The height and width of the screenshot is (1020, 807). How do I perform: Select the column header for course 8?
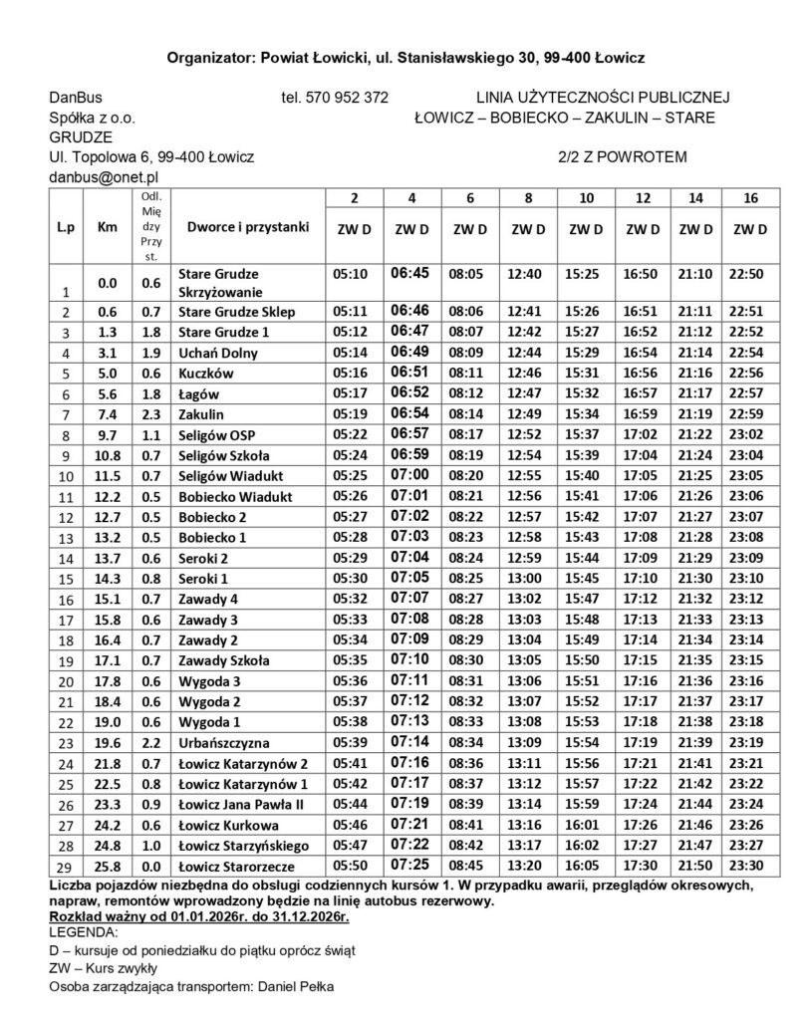click(527, 198)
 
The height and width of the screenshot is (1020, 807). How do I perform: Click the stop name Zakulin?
click(200, 413)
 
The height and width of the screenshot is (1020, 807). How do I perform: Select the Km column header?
click(107, 227)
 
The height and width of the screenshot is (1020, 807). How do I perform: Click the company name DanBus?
click(76, 98)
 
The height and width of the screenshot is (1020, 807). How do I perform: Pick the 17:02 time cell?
click(644, 434)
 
